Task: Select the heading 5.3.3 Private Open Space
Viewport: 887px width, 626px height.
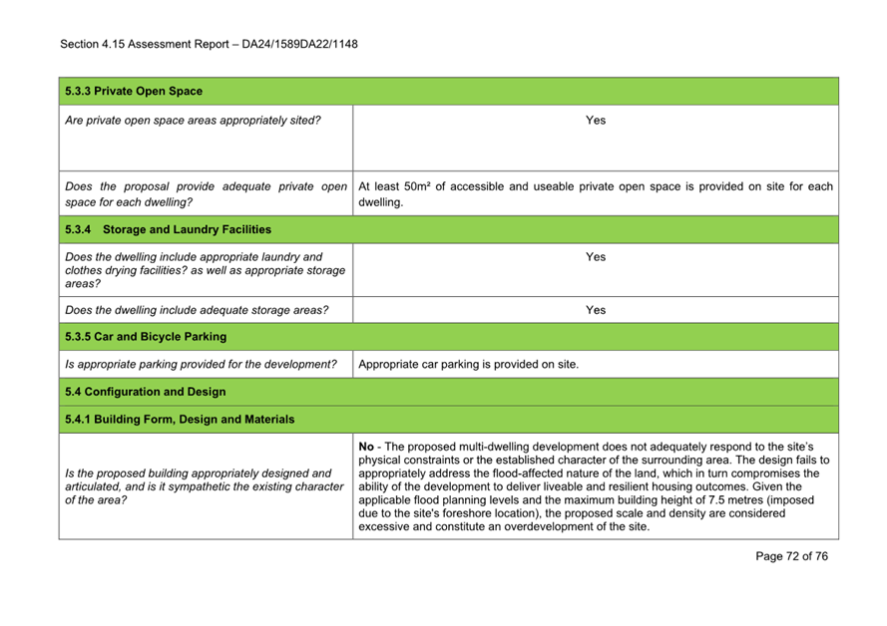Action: click(134, 91)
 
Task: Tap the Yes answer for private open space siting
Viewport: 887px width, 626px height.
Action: click(595, 121)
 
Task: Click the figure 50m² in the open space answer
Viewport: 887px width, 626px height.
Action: click(422, 186)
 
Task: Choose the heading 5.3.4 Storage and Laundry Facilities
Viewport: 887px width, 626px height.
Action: click(168, 230)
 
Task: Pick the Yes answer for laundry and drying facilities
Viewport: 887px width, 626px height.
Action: click(595, 257)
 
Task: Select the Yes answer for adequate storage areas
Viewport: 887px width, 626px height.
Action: click(595, 310)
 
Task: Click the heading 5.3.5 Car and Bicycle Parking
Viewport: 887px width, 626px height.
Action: click(146, 337)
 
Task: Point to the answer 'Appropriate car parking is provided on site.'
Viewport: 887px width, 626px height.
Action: click(468, 364)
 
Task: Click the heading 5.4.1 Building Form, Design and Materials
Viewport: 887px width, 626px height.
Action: click(180, 420)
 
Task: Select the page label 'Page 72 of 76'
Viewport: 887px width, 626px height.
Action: click(791, 556)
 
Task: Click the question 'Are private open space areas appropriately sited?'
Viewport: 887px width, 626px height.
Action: click(193, 121)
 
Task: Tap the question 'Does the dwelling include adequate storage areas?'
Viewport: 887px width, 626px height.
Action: click(197, 310)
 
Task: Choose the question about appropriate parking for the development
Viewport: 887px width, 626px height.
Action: click(201, 364)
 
